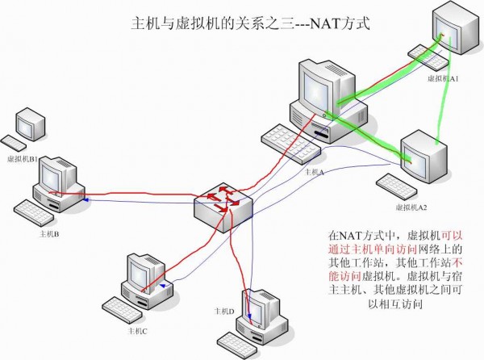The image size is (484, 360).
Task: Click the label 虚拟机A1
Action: pos(444,79)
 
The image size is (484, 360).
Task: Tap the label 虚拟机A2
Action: pos(411,207)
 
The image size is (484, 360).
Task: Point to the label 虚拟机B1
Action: pos(23,160)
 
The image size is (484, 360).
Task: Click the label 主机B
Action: pos(50,235)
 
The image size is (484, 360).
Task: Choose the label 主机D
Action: pos(223,311)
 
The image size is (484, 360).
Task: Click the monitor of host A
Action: pos(320,89)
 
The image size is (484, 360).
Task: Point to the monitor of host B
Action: pos(59,174)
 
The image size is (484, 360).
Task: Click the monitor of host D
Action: pos(262,307)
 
